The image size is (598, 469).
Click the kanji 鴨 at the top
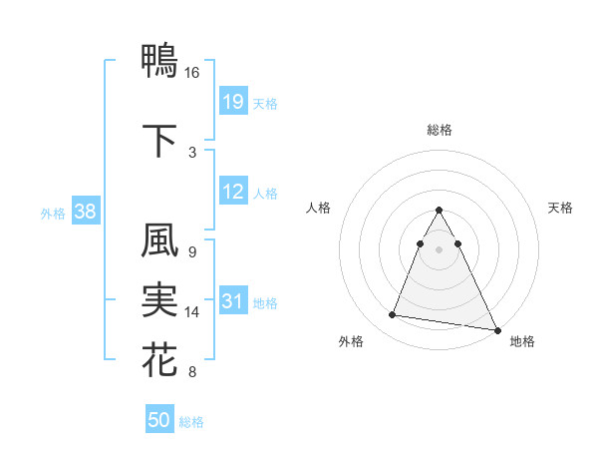159,60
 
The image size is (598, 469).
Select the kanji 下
159,140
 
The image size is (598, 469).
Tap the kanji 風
159,240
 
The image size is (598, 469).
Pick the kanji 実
159,298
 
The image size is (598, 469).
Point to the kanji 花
159,358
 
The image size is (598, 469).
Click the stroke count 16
192,73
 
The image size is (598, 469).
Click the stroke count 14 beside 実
192,312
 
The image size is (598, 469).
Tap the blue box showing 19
233,101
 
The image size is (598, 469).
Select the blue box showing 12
233,192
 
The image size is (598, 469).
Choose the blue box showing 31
233,301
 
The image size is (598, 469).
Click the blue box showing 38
86,212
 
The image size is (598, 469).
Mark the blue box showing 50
159,420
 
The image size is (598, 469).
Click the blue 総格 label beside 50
192,422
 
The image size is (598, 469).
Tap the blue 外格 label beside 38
53,213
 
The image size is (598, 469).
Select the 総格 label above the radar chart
439,130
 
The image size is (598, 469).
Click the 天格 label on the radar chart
561,208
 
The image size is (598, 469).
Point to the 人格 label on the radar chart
318,208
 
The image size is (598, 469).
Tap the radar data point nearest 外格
393,315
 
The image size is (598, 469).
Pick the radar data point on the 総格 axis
439,210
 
